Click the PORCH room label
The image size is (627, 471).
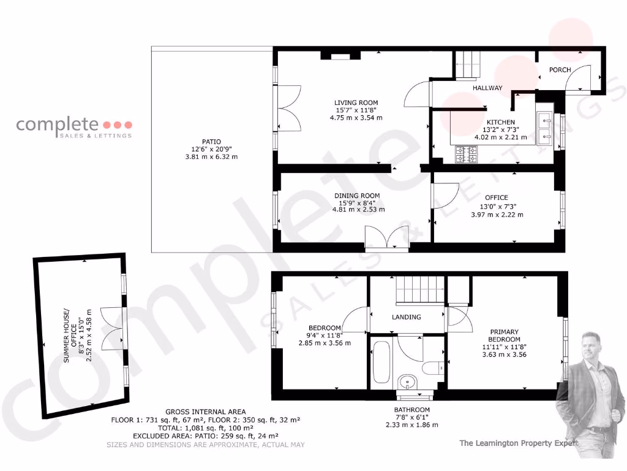560,70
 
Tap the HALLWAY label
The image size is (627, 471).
487,88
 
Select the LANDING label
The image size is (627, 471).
407,317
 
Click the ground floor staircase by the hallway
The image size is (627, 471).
468,65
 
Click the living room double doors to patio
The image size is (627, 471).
288,108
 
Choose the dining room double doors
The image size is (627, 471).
386,237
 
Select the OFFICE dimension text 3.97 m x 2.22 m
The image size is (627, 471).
497,215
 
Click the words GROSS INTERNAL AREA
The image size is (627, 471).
205,412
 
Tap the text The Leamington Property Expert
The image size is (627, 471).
518,442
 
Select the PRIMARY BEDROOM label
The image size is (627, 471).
504,335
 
